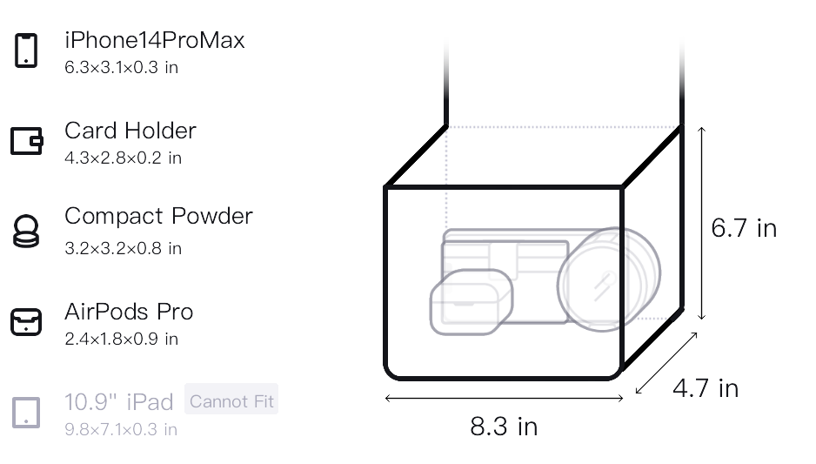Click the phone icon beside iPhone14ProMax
pyautogui.click(x=26, y=50)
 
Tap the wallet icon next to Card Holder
pyautogui.click(x=27, y=141)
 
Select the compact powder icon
pyautogui.click(x=26, y=231)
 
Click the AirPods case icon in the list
pyautogui.click(x=26, y=321)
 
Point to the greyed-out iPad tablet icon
pyautogui.click(x=26, y=413)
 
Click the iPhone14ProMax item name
pyautogui.click(x=155, y=40)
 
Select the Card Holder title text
pyautogui.click(x=130, y=131)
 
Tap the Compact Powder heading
pyautogui.click(x=158, y=216)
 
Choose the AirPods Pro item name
pyautogui.click(x=129, y=312)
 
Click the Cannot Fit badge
pyautogui.click(x=231, y=401)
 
